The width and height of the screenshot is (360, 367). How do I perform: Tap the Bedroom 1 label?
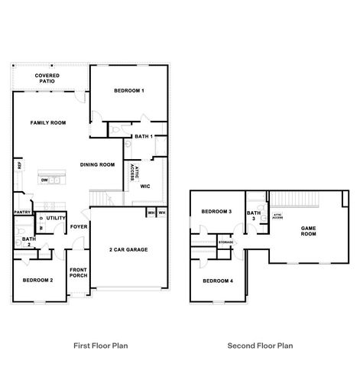pyautogui.click(x=129, y=91)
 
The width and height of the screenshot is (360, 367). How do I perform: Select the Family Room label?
pyautogui.click(x=48, y=123)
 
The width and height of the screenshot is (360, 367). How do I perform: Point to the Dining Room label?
pyautogui.click(x=98, y=164)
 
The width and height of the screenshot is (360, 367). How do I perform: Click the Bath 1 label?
pyautogui.click(x=144, y=137)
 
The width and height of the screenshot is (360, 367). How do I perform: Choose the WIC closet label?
pyautogui.click(x=145, y=186)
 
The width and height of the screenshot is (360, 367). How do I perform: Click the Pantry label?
pyautogui.click(x=22, y=213)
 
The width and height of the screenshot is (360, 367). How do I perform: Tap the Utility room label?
pyautogui.click(x=56, y=218)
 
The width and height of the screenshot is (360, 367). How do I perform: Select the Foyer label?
pyautogui.click(x=79, y=227)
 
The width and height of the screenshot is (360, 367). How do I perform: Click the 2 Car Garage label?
pyautogui.click(x=128, y=250)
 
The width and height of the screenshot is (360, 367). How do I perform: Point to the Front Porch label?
pyautogui.click(x=79, y=273)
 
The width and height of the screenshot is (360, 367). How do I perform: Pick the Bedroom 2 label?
pyautogui.click(x=37, y=281)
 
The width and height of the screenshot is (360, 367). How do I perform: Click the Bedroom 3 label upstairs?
pyautogui.click(x=216, y=212)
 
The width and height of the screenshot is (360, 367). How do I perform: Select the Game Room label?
pyautogui.click(x=308, y=232)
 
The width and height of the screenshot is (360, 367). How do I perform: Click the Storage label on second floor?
pyautogui.click(x=225, y=243)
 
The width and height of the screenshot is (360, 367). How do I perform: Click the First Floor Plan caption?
pyautogui.click(x=99, y=346)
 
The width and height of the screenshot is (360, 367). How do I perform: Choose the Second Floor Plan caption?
pyautogui.click(x=261, y=346)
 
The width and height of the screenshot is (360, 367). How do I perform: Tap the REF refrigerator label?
pyautogui.click(x=18, y=165)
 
